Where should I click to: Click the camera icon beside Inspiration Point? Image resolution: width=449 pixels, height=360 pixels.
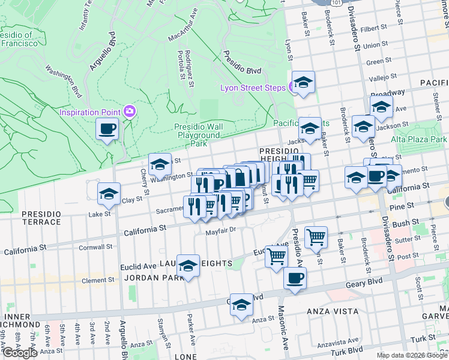[129, 112]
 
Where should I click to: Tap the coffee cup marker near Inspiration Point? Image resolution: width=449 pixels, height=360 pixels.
[107, 129]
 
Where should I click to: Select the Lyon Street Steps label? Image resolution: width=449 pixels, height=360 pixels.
[252, 88]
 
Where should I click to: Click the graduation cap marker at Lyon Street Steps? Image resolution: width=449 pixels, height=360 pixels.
[304, 83]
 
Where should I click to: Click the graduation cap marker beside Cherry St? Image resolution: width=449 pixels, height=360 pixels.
[160, 164]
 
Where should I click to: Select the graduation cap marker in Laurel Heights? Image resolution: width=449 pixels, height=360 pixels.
[188, 266]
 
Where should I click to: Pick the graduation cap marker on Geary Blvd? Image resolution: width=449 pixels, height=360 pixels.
[241, 305]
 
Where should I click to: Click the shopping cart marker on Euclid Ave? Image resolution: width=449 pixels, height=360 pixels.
[276, 257]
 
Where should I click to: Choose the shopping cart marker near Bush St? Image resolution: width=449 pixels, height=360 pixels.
[316, 236]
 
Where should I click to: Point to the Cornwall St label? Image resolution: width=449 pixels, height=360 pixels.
[95, 247]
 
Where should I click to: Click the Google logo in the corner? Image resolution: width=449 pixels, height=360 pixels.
[19, 353]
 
